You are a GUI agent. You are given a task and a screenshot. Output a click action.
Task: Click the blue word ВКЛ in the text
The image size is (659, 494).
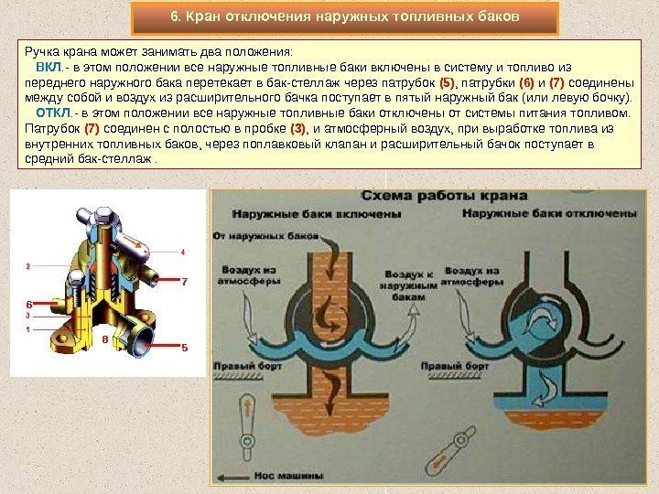pyautogui.click(x=48, y=69)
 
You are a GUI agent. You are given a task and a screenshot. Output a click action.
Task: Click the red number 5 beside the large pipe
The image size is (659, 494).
pyautogui.click(x=184, y=348)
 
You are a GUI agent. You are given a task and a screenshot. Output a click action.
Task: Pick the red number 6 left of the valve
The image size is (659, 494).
pyautogui.click(x=28, y=303)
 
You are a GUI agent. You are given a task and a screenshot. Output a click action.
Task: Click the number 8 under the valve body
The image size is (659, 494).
pyautogui.click(x=104, y=338)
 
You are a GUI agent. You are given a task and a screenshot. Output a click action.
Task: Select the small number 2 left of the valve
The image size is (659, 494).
pyautogui.click(x=28, y=266)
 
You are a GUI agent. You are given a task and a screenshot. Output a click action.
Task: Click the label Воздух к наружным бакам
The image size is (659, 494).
pyautogui.click(x=408, y=285)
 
